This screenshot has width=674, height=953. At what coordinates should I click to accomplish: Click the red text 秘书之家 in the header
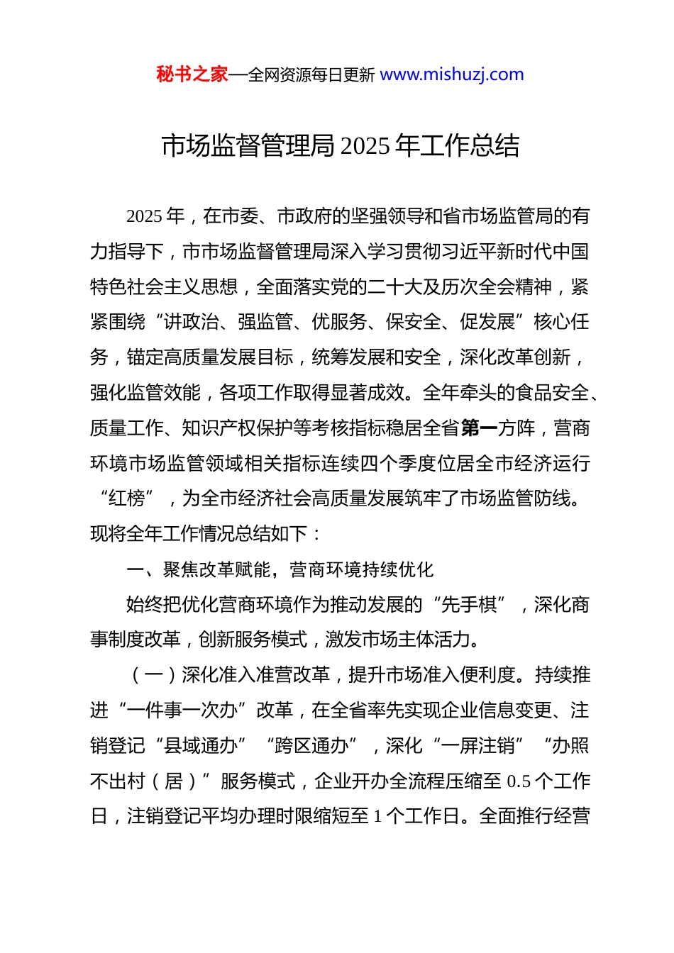pyautogui.click(x=192, y=74)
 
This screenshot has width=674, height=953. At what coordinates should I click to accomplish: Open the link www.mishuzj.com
pyautogui.click(x=452, y=74)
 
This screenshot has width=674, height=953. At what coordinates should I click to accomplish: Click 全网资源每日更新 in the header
pyautogui.click(x=311, y=74)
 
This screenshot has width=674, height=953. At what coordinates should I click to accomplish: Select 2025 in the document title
pyautogui.click(x=365, y=146)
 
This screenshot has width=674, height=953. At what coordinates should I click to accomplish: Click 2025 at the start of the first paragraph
pyautogui.click(x=145, y=216)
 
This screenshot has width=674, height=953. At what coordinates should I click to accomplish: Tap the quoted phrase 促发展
pyautogui.click(x=487, y=322)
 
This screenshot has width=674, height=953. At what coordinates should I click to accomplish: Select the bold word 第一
pyautogui.click(x=479, y=428)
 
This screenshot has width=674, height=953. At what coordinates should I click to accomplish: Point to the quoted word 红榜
pyautogui.click(x=127, y=498)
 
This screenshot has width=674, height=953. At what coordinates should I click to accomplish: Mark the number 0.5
pyautogui.click(x=519, y=781)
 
